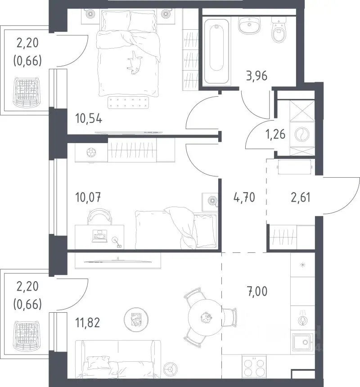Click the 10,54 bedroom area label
coord(89,119)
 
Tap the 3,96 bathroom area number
coord(256,76)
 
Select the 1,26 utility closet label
coord(275,134)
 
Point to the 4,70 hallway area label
coord(244,198)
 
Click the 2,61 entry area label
coord(301,198)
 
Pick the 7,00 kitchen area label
coord(257,291)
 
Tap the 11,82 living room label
coord(88,323)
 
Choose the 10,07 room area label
coord(88,198)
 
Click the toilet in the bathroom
coord(279,30)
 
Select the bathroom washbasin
coord(249,25)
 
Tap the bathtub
coord(216,51)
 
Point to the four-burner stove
coord(254,367)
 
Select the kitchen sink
coord(303,342)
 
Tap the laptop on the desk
coord(100,236)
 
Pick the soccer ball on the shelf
coord(91,153)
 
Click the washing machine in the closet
coord(302,135)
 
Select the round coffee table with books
coord(136,319)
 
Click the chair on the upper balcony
coord(27,93)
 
